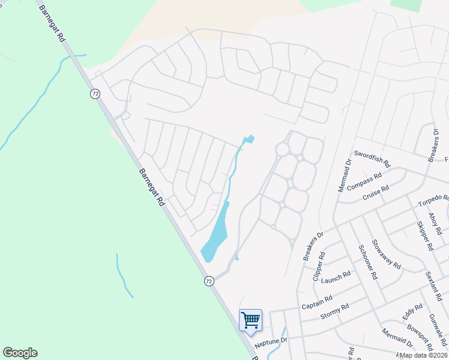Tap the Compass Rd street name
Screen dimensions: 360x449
point(364,182)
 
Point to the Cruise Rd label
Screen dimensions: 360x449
point(376,193)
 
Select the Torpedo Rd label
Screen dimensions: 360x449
point(433,197)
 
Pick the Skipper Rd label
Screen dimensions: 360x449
point(424,235)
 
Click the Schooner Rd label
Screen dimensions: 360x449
point(367,262)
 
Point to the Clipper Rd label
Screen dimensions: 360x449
point(318,266)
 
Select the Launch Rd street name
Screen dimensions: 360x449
point(336,278)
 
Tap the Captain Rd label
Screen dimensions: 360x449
point(317,302)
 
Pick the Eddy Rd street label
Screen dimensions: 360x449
point(409,312)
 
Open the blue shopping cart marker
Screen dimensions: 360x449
point(250,320)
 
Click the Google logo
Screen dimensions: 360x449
point(20,353)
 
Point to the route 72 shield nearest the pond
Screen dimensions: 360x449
point(208,281)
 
